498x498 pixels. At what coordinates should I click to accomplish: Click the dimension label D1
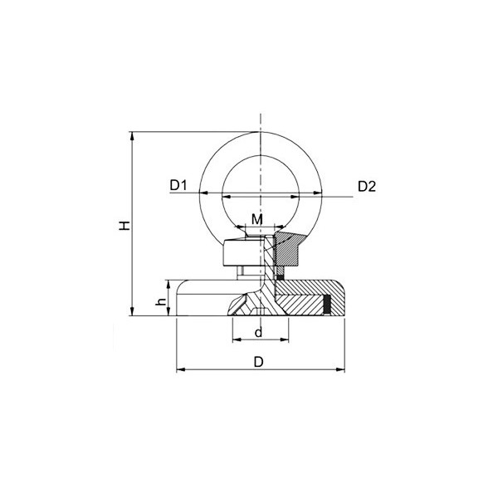(x=180, y=186)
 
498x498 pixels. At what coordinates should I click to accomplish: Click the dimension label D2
(x=368, y=186)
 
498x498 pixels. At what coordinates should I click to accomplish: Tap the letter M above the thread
(x=257, y=219)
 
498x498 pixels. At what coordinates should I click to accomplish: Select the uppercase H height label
(x=123, y=224)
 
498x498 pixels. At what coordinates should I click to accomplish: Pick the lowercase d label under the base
(x=258, y=332)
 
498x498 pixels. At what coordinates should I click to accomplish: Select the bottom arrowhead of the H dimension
(x=131, y=312)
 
